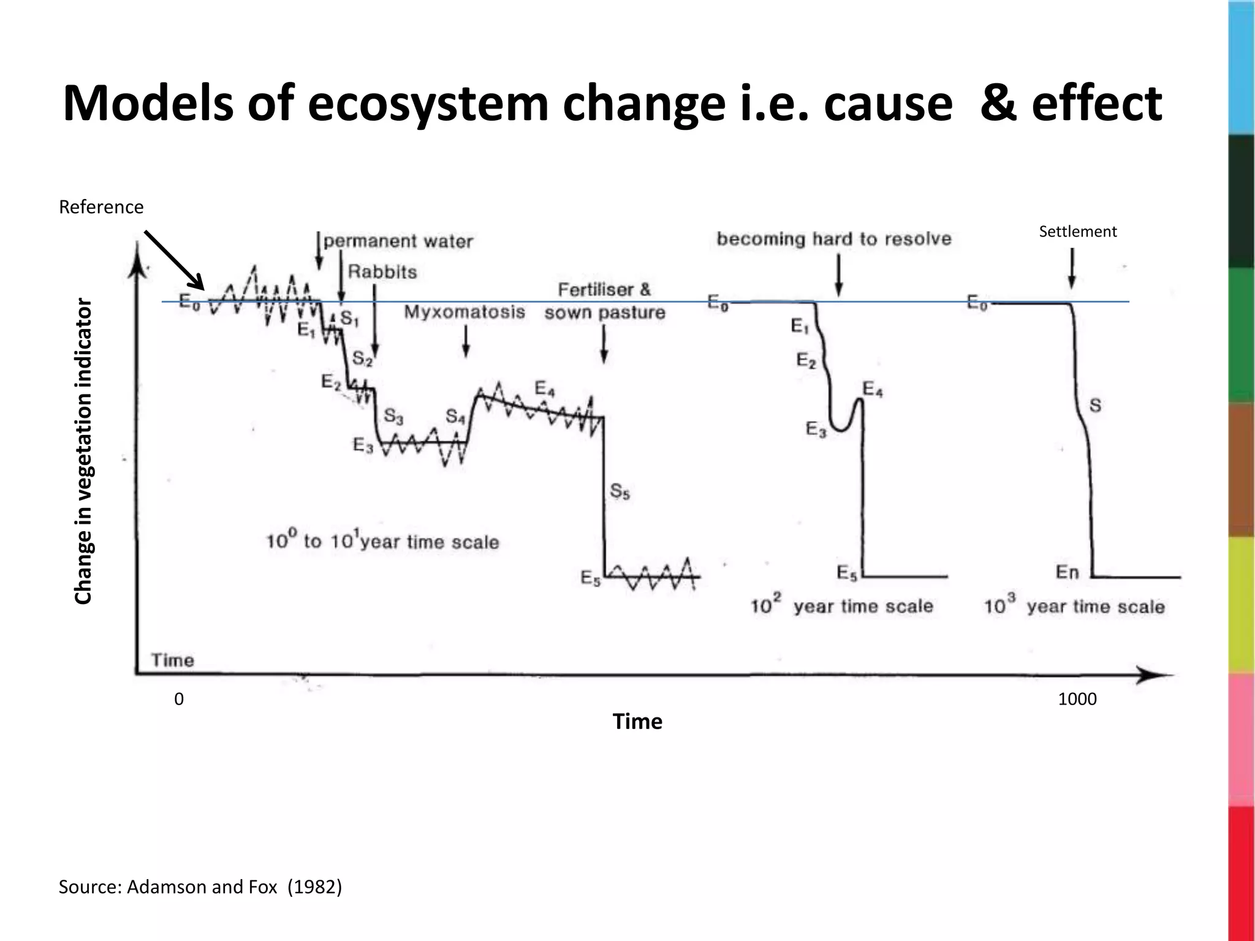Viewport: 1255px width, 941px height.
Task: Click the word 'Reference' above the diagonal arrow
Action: click(101, 207)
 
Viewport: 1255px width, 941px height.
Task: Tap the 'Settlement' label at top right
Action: click(1077, 232)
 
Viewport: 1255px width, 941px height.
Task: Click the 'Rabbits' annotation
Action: click(382, 272)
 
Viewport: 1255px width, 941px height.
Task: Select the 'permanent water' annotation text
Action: click(398, 241)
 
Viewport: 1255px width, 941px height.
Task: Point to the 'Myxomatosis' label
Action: click(464, 312)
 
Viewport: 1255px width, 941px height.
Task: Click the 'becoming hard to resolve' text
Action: click(833, 239)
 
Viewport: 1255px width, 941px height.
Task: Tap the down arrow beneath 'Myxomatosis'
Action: click(466, 341)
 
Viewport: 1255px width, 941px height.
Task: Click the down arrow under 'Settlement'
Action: click(1072, 268)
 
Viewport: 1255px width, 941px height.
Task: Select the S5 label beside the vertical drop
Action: click(620, 491)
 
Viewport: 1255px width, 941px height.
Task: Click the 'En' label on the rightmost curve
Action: click(1067, 572)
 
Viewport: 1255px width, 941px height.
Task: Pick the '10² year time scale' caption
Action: click(841, 606)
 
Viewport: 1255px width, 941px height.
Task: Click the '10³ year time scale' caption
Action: click(1074, 606)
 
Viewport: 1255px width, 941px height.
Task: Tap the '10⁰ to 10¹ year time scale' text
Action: click(382, 541)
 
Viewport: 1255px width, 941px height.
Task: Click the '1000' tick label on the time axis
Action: click(1077, 699)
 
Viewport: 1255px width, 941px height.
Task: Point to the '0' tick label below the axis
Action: click(179, 699)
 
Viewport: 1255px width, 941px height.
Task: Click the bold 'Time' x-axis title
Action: click(637, 721)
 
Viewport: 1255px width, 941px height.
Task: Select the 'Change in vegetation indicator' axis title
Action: click(83, 452)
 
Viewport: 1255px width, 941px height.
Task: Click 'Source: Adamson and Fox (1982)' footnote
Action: click(200, 886)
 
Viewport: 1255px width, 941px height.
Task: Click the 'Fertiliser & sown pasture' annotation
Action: click(604, 301)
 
